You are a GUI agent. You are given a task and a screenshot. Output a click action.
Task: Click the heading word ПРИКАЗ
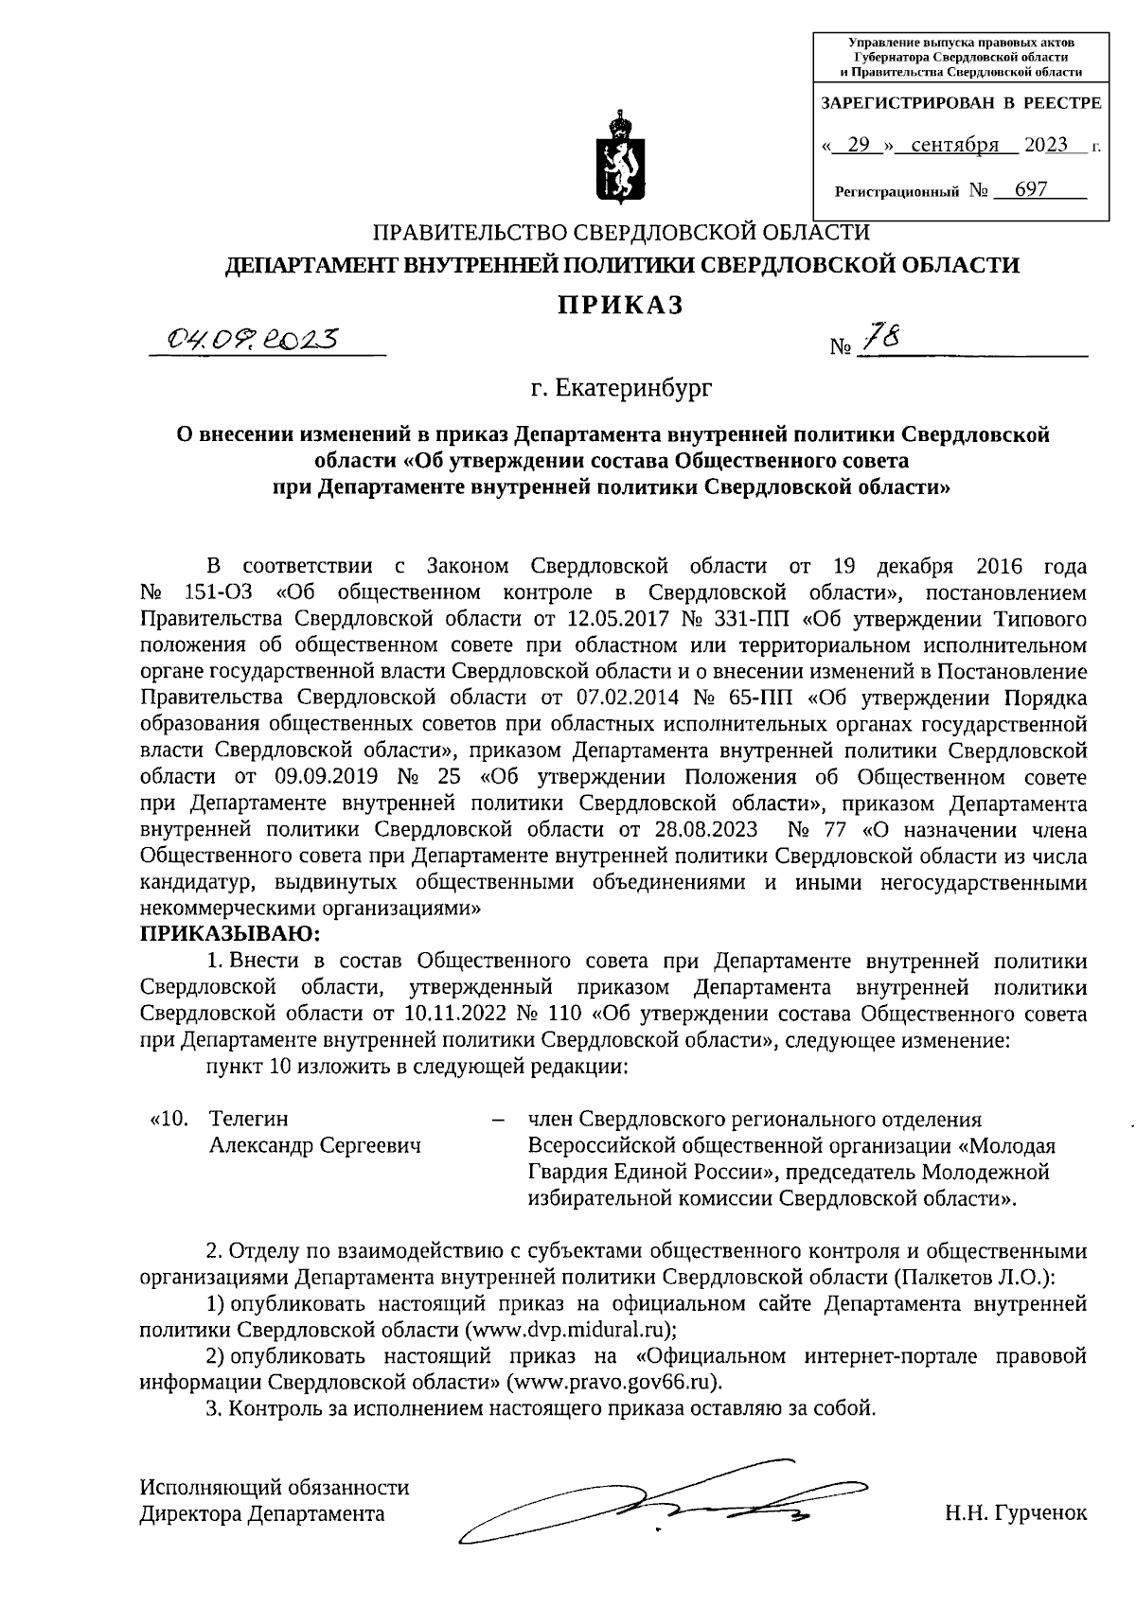pyautogui.click(x=619, y=305)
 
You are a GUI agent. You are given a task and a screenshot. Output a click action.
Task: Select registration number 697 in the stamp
pyautogui.click(x=1030, y=189)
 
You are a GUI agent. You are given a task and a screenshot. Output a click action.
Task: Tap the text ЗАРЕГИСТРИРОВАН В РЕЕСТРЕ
pyautogui.click(x=960, y=103)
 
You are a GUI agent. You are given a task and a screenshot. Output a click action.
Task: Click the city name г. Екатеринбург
pyautogui.click(x=621, y=387)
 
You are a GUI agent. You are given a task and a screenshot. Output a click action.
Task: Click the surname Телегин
pyautogui.click(x=248, y=1119)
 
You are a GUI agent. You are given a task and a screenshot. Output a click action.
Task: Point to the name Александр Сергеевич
pyautogui.click(x=314, y=1145)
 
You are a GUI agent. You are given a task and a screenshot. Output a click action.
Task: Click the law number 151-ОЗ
pyautogui.click(x=216, y=593)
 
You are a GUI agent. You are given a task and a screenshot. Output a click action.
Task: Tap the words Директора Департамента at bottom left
pyautogui.click(x=262, y=1512)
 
